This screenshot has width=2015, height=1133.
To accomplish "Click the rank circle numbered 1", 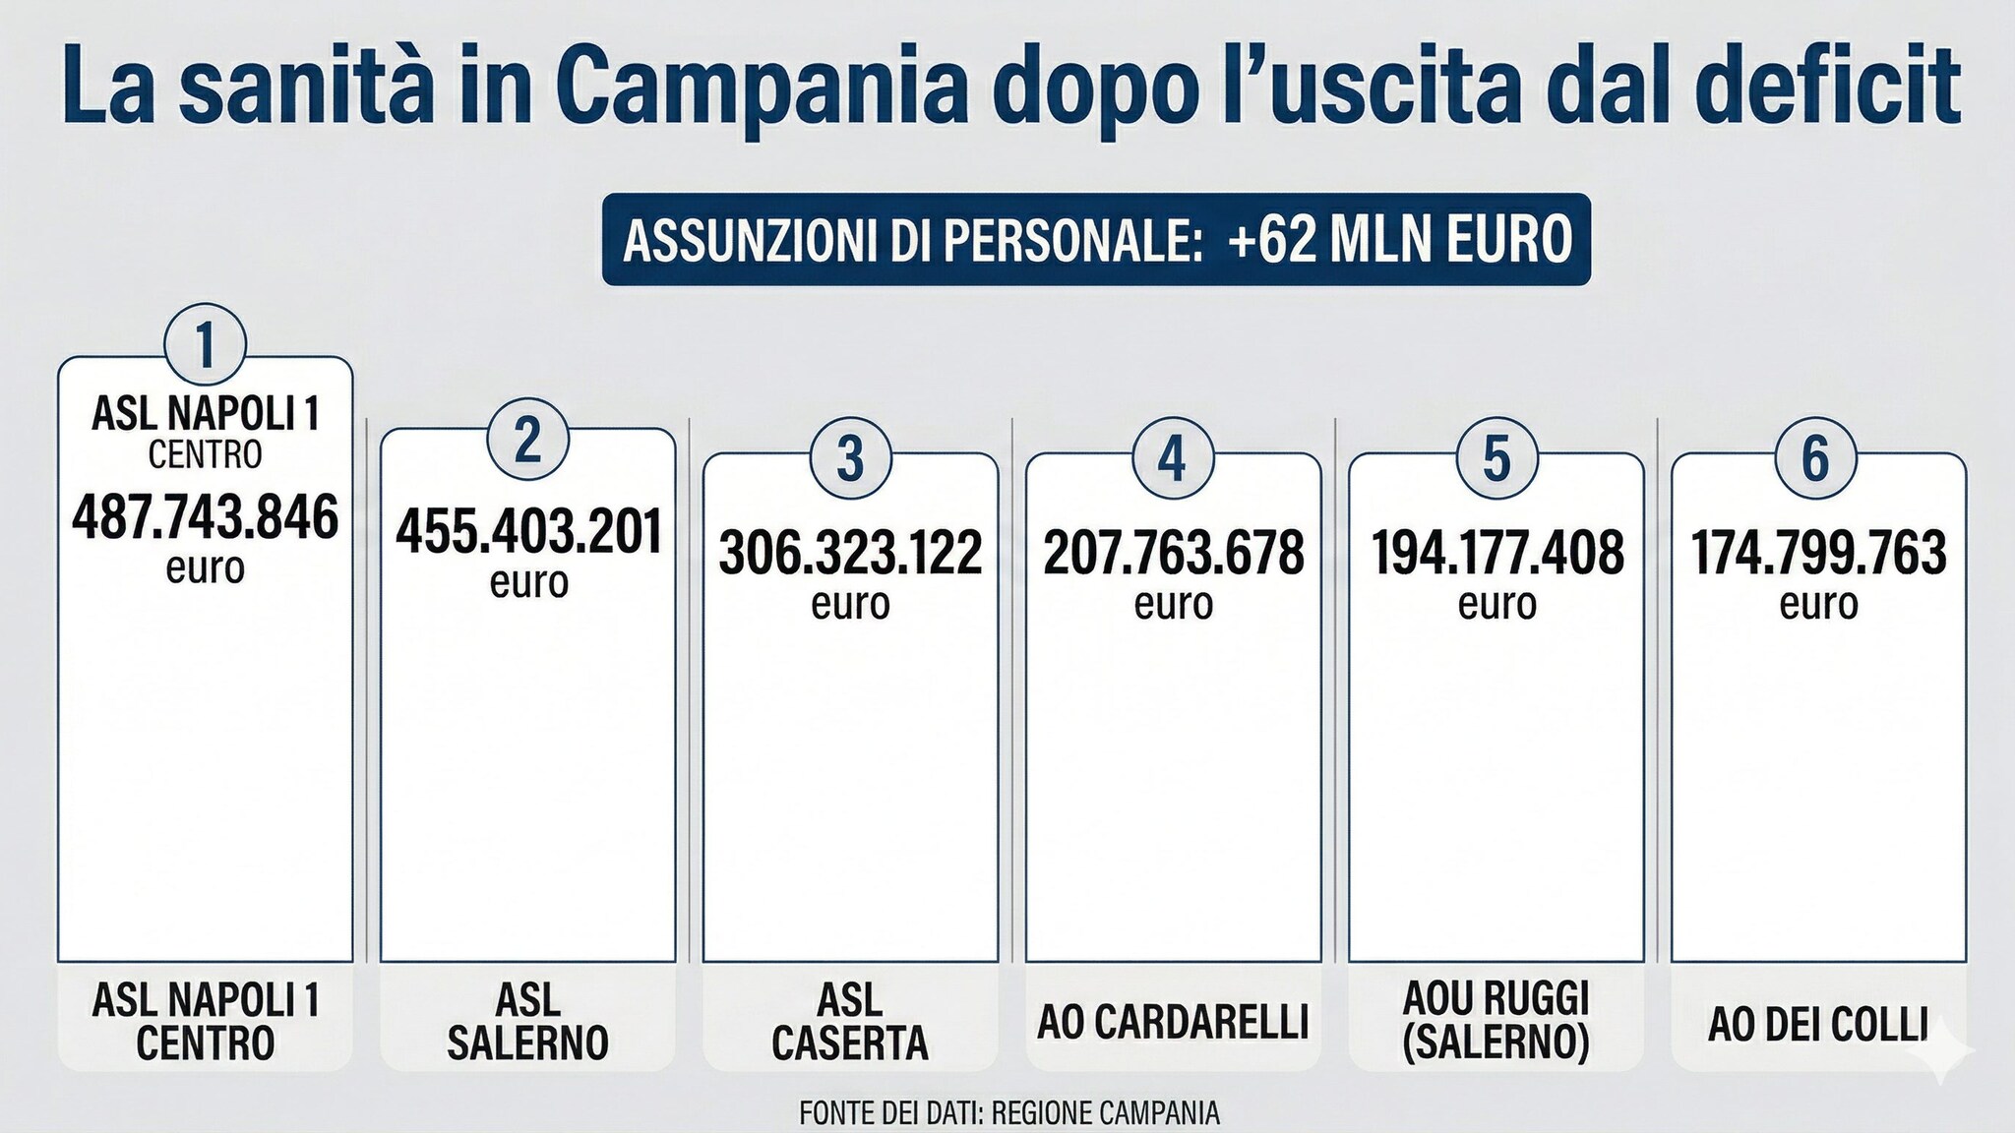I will tap(205, 345).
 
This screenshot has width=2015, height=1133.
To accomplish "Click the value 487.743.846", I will tap(205, 518).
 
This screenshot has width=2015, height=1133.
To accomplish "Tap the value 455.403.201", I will tap(528, 532).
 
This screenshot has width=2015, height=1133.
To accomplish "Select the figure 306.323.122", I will tap(850, 553).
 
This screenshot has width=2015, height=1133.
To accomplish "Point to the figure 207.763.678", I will tap(1173, 553).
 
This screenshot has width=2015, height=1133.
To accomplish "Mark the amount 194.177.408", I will tap(1496, 553).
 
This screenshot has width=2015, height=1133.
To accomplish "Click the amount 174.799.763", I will tap(1818, 553).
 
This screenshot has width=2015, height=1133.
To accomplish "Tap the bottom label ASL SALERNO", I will tap(528, 1022).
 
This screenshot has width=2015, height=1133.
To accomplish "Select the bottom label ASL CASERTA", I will tap(850, 1022).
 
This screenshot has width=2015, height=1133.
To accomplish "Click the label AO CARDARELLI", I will tap(1173, 1023).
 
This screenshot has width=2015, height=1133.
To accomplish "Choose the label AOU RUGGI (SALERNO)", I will tap(1496, 1021).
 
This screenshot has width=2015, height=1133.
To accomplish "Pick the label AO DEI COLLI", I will tap(1817, 1025).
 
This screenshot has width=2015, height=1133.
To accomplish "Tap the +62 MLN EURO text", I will tap(1399, 239).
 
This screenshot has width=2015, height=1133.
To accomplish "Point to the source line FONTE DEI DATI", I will tap(1009, 1113).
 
